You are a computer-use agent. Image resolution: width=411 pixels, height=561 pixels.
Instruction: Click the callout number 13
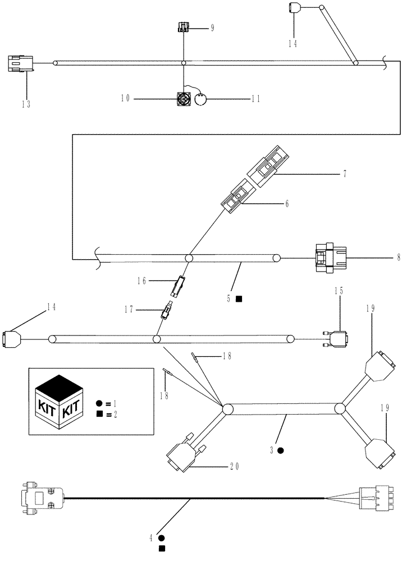[26, 104]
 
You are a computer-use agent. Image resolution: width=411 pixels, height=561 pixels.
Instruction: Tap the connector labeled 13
[21, 63]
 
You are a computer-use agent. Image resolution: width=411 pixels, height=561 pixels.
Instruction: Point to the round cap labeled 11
[202, 100]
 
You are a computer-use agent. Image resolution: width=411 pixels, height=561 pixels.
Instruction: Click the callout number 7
[344, 174]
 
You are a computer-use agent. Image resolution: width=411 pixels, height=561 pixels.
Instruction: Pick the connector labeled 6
[236, 196]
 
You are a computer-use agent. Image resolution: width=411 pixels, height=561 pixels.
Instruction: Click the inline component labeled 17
[166, 310]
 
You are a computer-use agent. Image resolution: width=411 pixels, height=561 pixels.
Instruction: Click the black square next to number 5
[239, 299]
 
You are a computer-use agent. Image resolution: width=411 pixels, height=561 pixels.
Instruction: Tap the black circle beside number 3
[281, 450]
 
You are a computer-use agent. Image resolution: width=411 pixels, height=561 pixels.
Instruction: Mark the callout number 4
[151, 538]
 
